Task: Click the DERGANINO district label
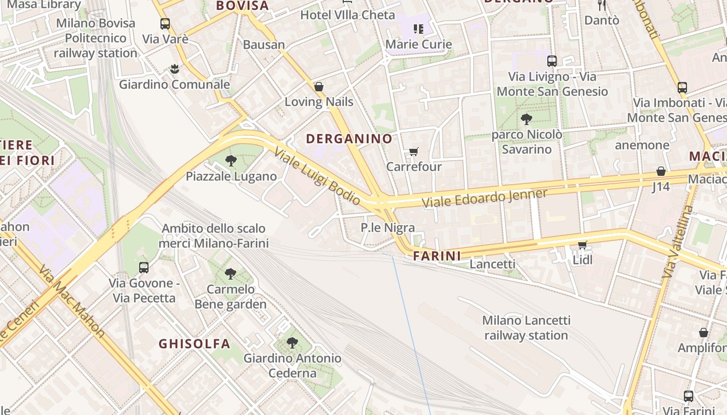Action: click(349, 139)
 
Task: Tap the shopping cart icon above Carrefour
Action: click(413, 151)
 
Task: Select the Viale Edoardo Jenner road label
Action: click(484, 198)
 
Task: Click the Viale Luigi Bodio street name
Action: click(317, 176)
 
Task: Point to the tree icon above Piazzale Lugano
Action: click(231, 161)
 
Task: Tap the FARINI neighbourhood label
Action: click(437, 256)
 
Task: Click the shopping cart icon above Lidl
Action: click(582, 244)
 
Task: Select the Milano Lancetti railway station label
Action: click(526, 328)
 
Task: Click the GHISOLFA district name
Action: click(194, 343)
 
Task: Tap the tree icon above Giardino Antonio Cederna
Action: click(292, 342)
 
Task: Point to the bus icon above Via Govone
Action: click(144, 268)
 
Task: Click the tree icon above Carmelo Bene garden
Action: click(231, 273)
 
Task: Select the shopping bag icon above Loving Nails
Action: click(319, 87)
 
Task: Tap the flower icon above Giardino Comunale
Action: click(174, 68)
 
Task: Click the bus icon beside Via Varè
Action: click(165, 24)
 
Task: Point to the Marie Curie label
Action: click(419, 44)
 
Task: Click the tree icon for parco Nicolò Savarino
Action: click(526, 119)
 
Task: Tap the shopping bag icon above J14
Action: click(661, 171)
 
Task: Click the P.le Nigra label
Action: click(388, 227)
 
